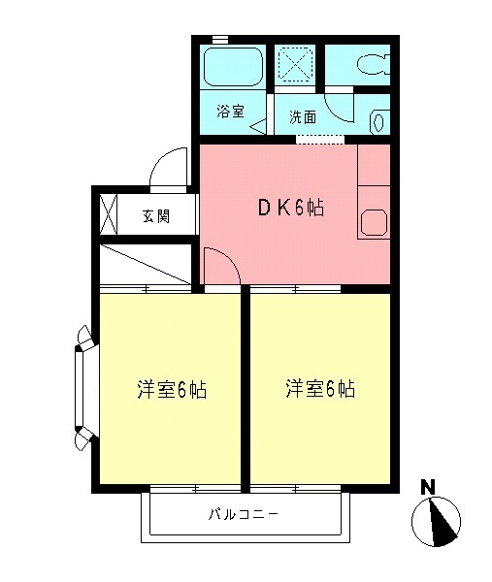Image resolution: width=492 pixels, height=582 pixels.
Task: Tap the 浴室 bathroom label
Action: coord(229,112)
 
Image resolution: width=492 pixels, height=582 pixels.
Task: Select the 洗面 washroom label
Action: coord(302,117)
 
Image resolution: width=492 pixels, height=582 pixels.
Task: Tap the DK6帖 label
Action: coord(290,207)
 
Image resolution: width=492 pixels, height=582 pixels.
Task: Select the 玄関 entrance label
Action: coord(156,215)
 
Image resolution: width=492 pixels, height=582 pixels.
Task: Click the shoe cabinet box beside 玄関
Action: coord(108,214)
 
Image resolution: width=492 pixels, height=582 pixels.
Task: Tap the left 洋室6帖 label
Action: coord(171,390)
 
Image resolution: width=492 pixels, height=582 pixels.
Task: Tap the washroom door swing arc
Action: coord(342,105)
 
